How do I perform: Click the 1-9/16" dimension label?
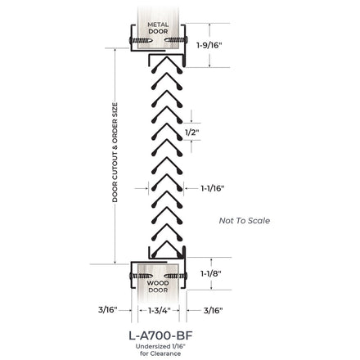(x=209, y=45)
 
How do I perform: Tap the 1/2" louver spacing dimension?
(x=191, y=133)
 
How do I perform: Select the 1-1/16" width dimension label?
(x=213, y=188)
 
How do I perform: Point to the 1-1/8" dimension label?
(x=211, y=273)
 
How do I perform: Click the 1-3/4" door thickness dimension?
(x=159, y=310)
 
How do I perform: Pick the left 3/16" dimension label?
(x=108, y=310)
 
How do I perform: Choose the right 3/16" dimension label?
(x=213, y=310)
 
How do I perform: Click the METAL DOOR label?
(x=158, y=28)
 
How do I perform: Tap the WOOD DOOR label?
(x=158, y=286)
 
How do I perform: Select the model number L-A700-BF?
(x=160, y=335)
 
